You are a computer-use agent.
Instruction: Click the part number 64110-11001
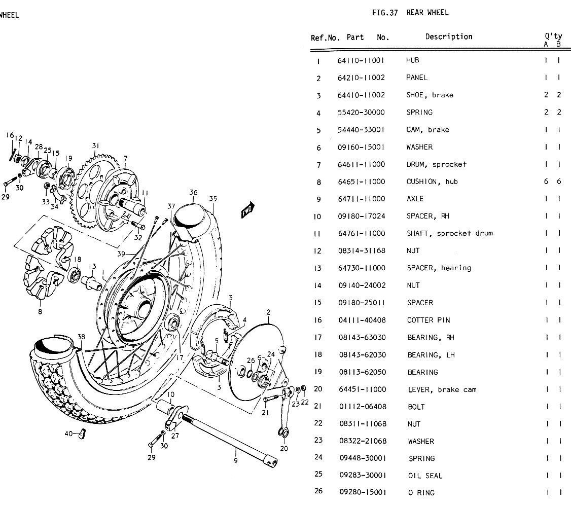361,60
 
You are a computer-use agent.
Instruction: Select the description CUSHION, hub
432,182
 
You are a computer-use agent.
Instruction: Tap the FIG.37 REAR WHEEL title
410,13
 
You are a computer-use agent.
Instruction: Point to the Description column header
448,37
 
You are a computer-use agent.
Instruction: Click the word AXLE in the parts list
415,199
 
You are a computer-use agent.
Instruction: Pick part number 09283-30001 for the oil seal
362,476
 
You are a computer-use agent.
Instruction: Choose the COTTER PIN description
429,320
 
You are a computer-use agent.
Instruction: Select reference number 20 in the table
318,389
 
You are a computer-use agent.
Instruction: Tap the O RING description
421,492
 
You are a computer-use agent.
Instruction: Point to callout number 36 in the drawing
193,193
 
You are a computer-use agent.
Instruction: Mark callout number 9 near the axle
236,460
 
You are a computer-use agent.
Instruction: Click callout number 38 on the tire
81,337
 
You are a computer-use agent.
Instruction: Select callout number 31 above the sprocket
96,146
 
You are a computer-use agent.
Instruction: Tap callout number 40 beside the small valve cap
68,434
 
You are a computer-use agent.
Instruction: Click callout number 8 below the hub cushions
40,312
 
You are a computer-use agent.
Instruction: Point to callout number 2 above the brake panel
268,312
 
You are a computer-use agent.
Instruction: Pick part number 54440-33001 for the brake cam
361,130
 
